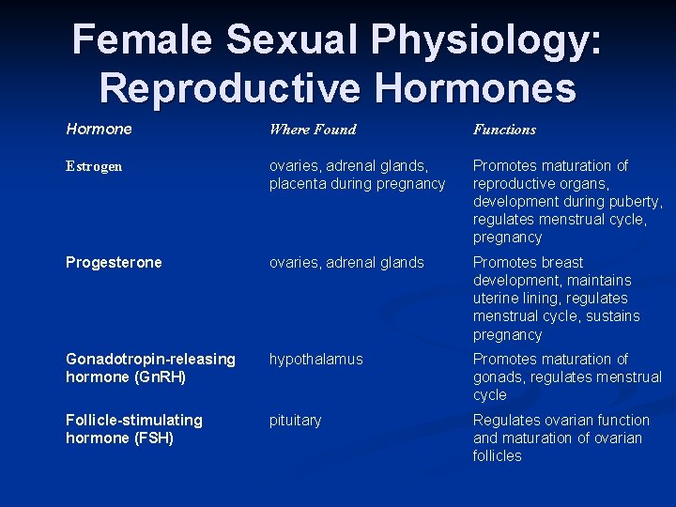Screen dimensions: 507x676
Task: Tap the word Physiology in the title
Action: tap(488, 39)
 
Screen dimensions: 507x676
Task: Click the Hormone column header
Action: tap(99, 129)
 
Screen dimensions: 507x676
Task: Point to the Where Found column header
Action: tap(313, 130)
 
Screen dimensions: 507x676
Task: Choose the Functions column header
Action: tap(504, 130)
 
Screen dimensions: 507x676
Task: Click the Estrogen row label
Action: tap(94, 166)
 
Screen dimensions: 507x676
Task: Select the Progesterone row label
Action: tap(114, 263)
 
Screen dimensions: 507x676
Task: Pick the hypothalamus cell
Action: tap(315, 360)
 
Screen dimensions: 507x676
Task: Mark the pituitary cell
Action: tap(295, 421)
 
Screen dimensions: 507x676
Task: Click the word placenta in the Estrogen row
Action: tap(298, 184)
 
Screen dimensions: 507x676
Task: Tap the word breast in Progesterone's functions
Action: tap(561, 263)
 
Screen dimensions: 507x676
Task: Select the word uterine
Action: tap(497, 299)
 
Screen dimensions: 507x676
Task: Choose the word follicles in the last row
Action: tap(498, 456)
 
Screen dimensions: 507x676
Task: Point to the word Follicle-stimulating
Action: tap(133, 421)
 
